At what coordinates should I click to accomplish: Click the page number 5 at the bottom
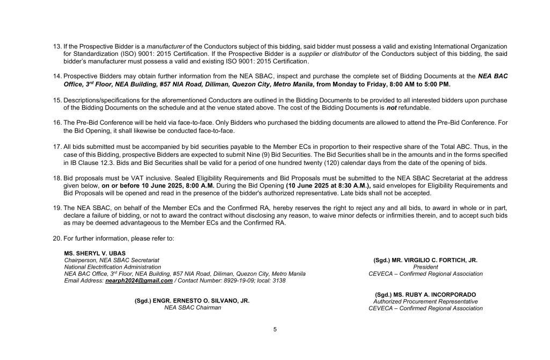point(275,329)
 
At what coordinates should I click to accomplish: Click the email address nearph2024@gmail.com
point(139,280)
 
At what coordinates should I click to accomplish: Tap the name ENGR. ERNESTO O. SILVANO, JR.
point(192,301)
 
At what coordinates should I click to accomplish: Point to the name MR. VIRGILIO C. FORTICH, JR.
point(425,260)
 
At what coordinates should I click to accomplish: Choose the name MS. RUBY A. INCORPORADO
point(425,294)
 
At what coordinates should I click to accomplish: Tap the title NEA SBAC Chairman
point(192,308)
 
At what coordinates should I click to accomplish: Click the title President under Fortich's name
point(425,267)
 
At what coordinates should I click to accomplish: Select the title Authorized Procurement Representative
point(425,301)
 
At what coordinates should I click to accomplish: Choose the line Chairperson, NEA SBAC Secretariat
point(112,260)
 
